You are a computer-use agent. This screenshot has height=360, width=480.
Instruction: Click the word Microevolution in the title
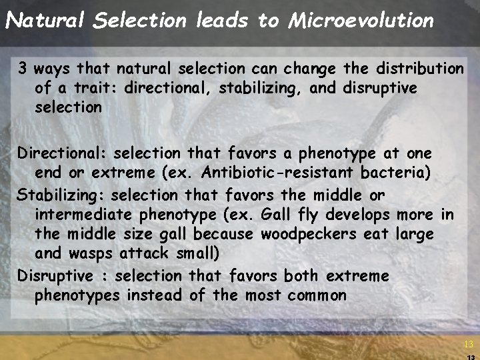(361, 21)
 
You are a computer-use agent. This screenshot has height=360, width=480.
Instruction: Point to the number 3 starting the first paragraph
(23, 69)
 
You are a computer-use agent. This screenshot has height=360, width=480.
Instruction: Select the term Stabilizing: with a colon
(62, 195)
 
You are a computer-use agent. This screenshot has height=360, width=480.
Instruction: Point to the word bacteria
(395, 173)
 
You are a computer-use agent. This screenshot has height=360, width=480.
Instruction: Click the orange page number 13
(469, 345)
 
